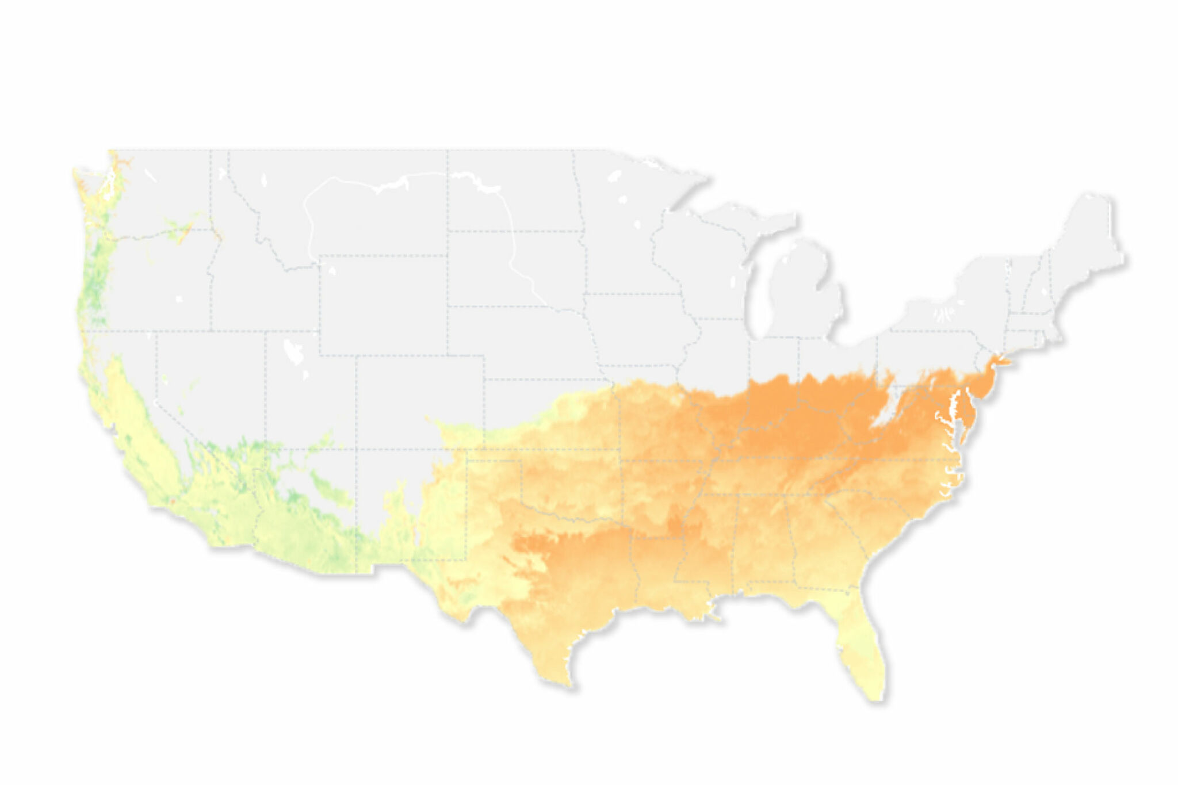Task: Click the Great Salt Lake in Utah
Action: point(293,351)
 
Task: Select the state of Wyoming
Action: point(383,305)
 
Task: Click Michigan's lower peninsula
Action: point(805,293)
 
